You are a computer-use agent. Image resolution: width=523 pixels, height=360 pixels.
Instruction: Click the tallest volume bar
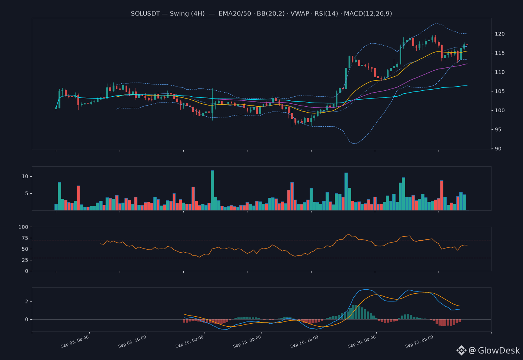213,190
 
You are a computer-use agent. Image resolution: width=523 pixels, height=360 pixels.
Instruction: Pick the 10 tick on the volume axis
25,177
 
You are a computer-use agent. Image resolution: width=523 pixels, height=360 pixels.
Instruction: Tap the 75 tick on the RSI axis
25,238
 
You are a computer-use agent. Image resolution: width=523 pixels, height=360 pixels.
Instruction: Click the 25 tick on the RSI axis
25,260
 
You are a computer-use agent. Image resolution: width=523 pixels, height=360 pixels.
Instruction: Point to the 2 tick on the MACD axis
27,301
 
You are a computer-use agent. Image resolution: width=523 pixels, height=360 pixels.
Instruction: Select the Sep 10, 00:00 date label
190,341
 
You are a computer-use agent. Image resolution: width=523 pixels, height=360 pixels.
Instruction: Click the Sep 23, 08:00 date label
419,341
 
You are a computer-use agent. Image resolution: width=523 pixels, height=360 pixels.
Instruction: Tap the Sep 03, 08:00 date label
75,341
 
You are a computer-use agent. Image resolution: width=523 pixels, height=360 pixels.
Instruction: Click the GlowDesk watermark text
499,350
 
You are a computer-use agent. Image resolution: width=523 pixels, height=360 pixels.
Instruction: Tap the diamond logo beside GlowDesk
462,350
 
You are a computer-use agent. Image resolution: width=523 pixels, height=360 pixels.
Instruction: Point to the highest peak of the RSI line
349,234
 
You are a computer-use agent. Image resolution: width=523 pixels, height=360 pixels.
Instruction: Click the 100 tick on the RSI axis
23,227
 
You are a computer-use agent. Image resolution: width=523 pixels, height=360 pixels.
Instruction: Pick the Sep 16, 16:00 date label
304,341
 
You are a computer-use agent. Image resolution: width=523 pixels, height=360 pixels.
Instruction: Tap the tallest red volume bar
442,196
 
